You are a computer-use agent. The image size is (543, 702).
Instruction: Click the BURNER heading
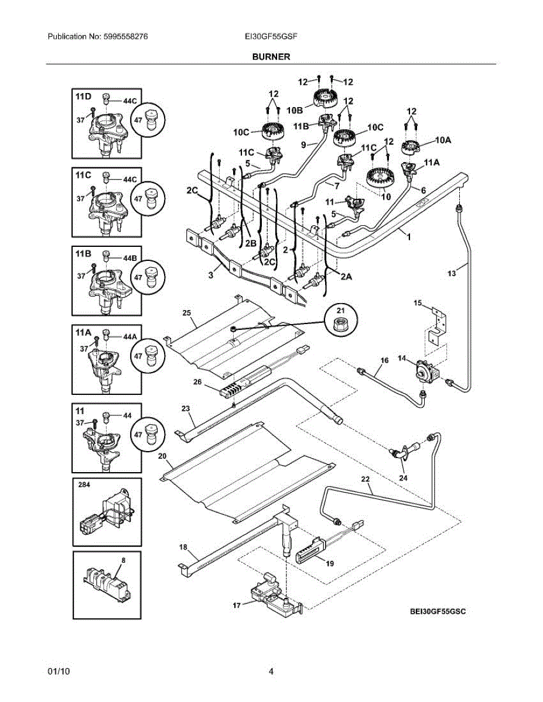click(271, 57)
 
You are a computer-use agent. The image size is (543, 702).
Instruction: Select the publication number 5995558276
click(125, 36)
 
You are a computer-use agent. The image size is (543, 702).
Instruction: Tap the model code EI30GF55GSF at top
click(271, 36)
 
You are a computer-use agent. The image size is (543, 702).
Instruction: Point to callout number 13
click(452, 273)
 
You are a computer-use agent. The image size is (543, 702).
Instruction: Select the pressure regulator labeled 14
click(426, 372)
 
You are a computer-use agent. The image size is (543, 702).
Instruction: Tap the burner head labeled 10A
click(411, 147)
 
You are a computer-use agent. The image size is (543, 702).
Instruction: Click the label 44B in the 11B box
click(129, 258)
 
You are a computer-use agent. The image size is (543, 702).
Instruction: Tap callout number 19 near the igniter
click(330, 563)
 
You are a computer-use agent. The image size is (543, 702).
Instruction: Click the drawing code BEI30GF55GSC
click(438, 611)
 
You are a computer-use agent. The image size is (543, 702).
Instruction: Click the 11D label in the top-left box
click(83, 97)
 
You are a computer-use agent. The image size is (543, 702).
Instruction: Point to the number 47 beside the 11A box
click(138, 356)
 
